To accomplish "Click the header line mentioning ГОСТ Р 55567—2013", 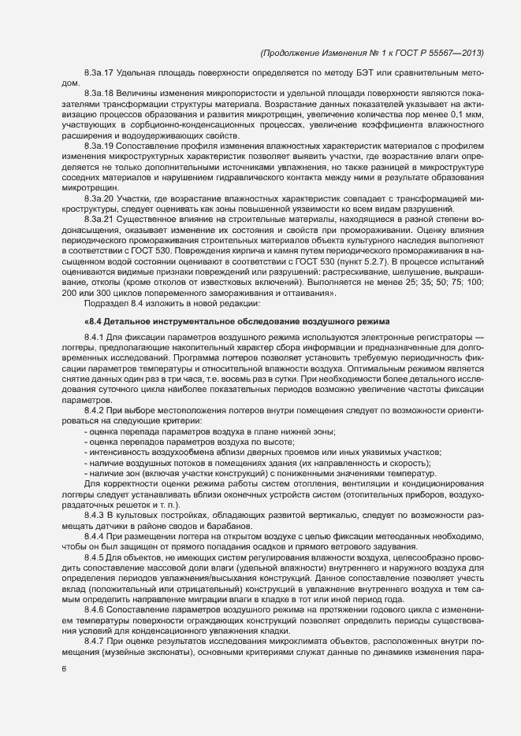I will click(371, 53).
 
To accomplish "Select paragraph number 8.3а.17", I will click(98, 73).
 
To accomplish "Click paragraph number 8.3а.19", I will click(98, 145).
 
